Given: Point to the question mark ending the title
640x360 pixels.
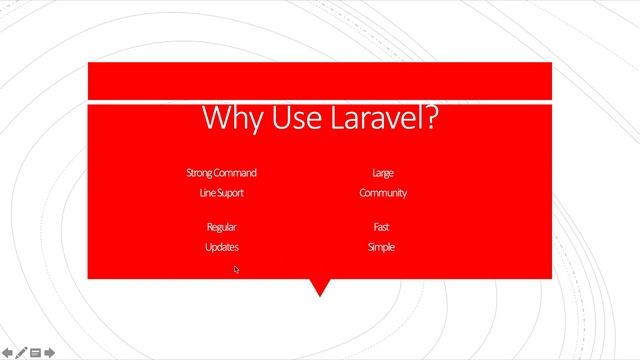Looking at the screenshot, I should click(431, 118).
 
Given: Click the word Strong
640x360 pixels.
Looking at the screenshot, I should click(200, 173).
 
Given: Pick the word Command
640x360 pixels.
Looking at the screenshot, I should click(236, 173).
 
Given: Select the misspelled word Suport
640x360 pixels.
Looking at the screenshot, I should click(231, 193).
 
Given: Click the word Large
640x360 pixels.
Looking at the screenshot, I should click(382, 173).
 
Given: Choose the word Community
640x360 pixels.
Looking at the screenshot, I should click(382, 193).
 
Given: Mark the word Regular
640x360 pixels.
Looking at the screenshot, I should click(221, 227).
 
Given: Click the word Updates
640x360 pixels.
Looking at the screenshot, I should click(221, 247).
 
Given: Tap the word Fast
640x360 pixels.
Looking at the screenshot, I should click(382, 227).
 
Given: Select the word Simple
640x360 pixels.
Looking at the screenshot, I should click(382, 247).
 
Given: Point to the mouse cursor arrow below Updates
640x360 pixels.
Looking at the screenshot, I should click(237, 269).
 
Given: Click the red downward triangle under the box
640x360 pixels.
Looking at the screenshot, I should click(320, 287).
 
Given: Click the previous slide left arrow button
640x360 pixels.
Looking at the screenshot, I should click(7, 352).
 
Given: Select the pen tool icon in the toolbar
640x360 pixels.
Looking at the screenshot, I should click(21, 352).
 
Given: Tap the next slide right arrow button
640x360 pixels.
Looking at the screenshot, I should click(49, 352).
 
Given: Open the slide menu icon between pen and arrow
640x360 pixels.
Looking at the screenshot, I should click(35, 352).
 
